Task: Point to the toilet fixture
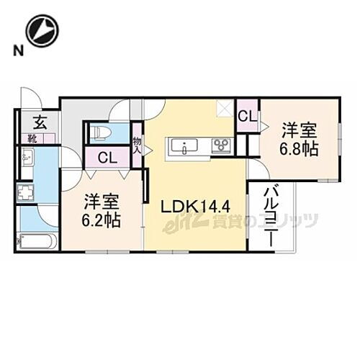point(99,132)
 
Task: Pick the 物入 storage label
point(138,146)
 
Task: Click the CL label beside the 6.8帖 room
point(246,116)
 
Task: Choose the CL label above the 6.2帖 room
point(108,158)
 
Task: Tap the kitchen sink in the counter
point(186,147)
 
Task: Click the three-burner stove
point(220,147)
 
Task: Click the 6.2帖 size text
point(102,219)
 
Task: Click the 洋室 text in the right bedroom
point(299,130)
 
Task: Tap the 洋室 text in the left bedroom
point(101,200)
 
